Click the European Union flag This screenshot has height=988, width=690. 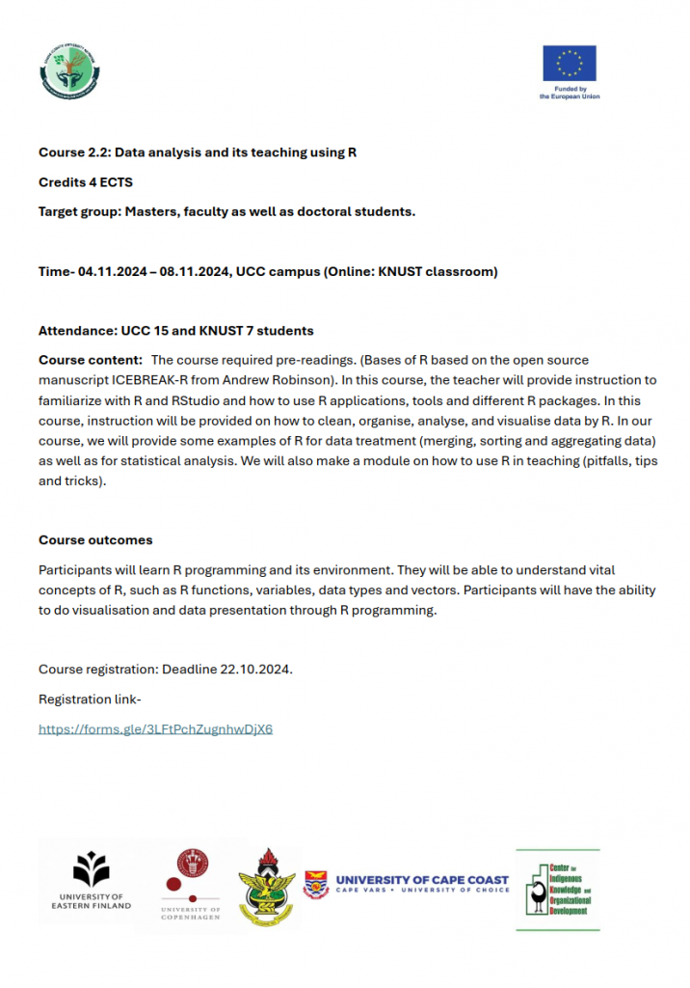coord(570,64)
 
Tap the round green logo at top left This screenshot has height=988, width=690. coord(69,69)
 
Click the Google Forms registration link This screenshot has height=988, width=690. coord(155,728)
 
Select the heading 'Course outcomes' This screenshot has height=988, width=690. coord(95,539)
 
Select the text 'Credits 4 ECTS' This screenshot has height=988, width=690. coord(86,181)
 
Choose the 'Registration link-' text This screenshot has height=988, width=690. coord(90,699)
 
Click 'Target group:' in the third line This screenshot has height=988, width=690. coord(79,210)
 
